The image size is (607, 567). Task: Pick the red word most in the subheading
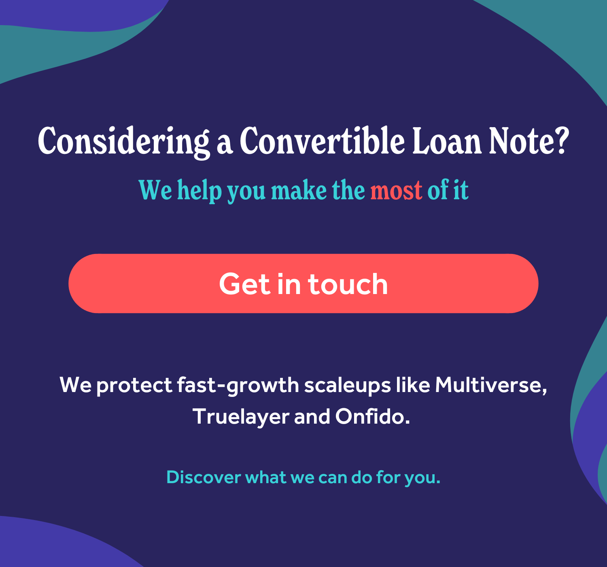[x=396, y=190]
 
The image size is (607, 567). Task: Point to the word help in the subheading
[x=200, y=190]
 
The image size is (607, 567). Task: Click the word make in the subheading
[x=299, y=190]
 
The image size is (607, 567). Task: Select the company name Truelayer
[x=240, y=416]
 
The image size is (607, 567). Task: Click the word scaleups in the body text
[x=348, y=386]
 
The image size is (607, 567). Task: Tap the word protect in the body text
[x=134, y=386]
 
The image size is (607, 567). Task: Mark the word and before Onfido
[x=312, y=416]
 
